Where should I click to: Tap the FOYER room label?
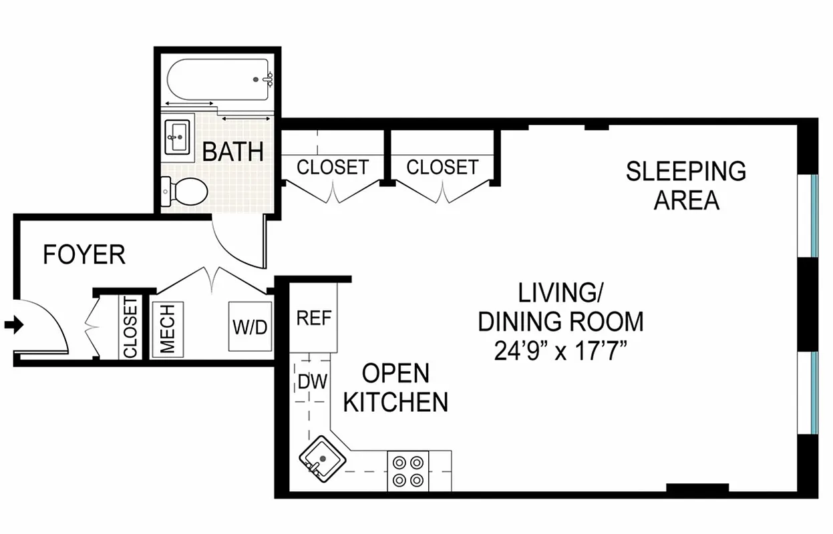click(84, 255)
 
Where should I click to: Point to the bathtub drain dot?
click(256, 79)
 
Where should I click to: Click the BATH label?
click(232, 152)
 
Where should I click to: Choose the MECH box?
click(168, 328)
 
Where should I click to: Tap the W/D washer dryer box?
click(251, 327)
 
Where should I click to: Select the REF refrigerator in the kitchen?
click(313, 318)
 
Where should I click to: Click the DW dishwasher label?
click(312, 382)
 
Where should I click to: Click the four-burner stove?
click(408, 470)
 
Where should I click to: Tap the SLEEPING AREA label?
click(686, 185)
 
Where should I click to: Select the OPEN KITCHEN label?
click(395, 388)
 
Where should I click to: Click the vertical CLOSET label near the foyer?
click(130, 328)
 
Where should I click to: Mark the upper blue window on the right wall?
click(814, 215)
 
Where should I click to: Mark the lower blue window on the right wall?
click(814, 392)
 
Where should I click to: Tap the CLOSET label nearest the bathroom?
click(332, 167)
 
